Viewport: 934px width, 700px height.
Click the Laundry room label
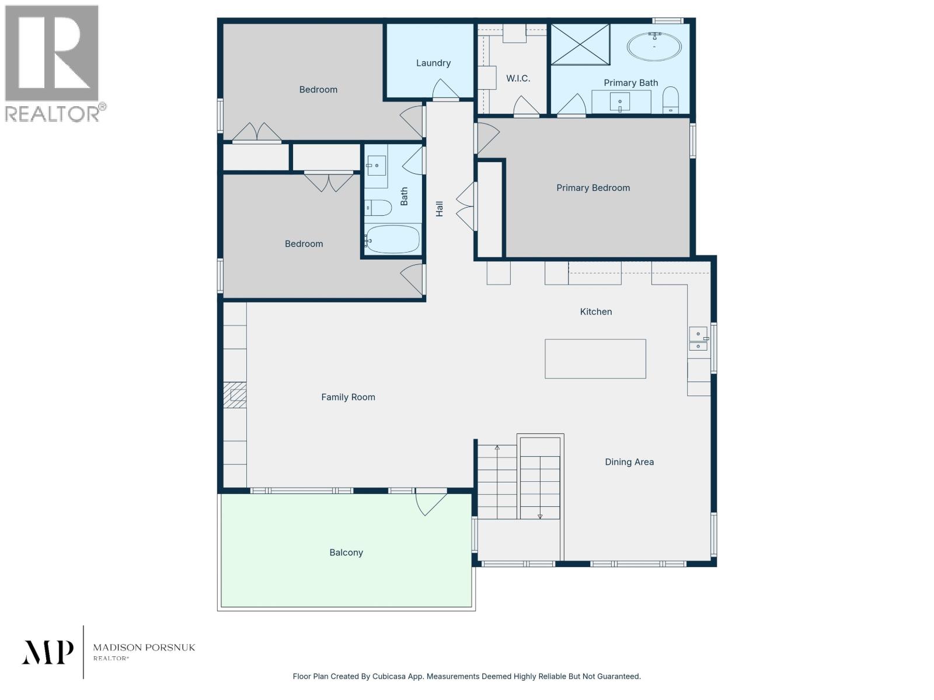[433, 63]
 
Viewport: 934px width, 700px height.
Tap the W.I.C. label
[518, 78]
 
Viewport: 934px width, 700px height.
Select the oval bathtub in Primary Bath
[654, 47]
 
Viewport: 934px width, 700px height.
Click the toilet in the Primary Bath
[671, 100]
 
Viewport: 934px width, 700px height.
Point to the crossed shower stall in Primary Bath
[580, 44]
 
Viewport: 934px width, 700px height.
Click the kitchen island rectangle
[595, 359]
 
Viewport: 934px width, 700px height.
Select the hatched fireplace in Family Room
[236, 395]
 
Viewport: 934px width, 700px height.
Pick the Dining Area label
[629, 462]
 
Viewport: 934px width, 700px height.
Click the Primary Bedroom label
[593, 188]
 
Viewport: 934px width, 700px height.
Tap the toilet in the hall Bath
[378, 207]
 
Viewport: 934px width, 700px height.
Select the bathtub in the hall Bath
[392, 239]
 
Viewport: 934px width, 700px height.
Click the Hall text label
[440, 208]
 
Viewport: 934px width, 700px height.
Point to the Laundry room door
[445, 90]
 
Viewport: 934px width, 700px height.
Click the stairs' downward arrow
[540, 516]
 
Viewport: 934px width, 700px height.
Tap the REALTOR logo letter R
[51, 54]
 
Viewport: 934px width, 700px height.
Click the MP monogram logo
[48, 652]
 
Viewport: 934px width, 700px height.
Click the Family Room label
[348, 397]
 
